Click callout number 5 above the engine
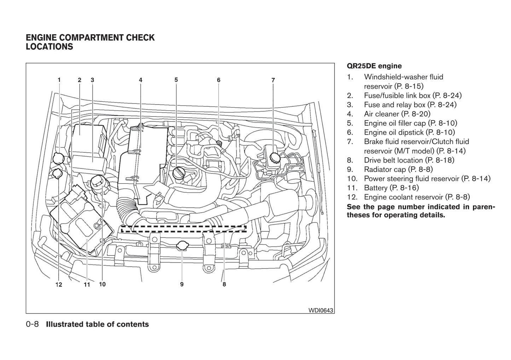[x=176, y=80]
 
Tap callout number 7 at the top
[x=273, y=80]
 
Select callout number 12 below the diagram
[x=59, y=284]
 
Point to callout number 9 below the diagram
[x=182, y=284]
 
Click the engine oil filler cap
[x=179, y=173]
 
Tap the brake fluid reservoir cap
[x=274, y=158]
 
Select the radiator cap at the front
[x=182, y=246]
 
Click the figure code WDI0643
[x=320, y=310]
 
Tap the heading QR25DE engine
[x=374, y=66]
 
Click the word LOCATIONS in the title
[x=50, y=47]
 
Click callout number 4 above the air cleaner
[x=140, y=80]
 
